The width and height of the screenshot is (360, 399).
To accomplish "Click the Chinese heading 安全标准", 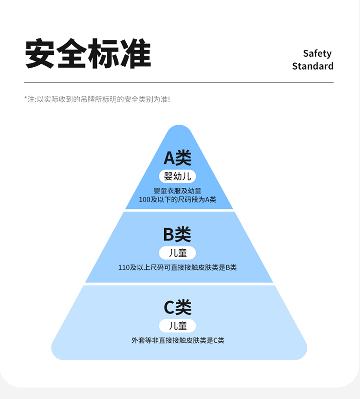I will click(x=88, y=53).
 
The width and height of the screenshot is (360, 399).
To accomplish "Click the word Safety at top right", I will click(x=317, y=53).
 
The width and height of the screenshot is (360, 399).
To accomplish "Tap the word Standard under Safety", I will click(x=312, y=66).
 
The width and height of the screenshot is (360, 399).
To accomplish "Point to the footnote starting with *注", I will click(x=97, y=99).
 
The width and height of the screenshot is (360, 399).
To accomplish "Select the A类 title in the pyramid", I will click(x=178, y=157).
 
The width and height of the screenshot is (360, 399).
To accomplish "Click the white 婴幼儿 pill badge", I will click(x=178, y=176).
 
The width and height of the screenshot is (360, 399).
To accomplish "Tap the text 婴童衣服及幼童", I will click(x=178, y=191).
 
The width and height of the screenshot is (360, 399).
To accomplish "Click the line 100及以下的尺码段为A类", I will click(x=178, y=199).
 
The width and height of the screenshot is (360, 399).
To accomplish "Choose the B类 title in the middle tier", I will click(x=177, y=234).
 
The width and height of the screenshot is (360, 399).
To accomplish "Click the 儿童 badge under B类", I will click(x=178, y=253).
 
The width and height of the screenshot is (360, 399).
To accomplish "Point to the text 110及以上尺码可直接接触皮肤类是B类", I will click(x=178, y=267).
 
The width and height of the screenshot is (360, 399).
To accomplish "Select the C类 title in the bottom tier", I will click(x=178, y=307).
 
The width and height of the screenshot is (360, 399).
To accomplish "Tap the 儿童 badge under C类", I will click(x=178, y=326).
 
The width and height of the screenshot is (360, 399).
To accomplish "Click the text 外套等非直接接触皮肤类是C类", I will click(x=178, y=340).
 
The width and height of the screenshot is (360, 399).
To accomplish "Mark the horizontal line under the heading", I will click(x=179, y=83).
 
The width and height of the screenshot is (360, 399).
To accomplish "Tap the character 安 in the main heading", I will click(x=40, y=53).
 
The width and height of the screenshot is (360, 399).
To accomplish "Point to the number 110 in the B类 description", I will click(x=124, y=267).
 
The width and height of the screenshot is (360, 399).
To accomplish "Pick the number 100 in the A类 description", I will click(x=145, y=199).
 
